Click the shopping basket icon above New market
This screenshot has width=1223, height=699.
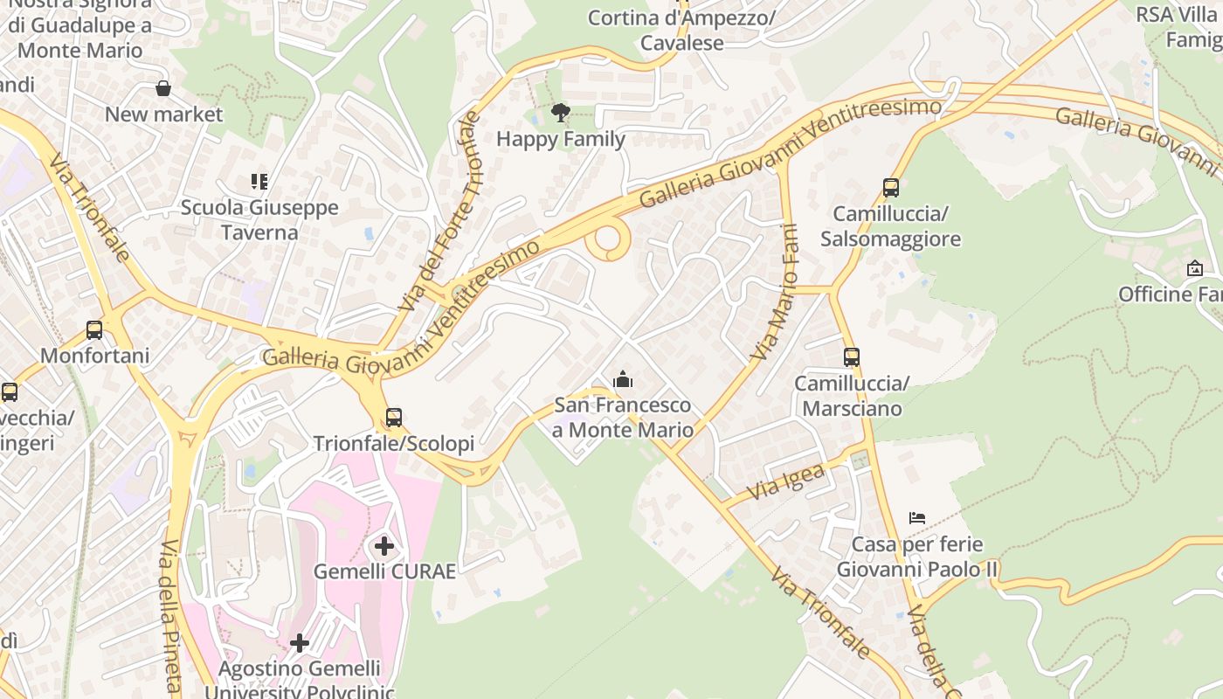pos(162,88)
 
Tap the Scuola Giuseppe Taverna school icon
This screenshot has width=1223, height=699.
pos(259,182)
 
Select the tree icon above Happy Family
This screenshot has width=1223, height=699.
pos(560,112)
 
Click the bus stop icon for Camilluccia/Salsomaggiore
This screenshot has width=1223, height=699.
pos(890,187)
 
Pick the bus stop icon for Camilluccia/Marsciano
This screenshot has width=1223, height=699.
pos(851,356)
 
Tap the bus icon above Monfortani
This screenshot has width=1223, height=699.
pos(94,329)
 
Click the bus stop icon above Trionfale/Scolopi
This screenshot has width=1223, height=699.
pos(393,417)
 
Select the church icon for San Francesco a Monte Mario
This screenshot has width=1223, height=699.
pos(623,379)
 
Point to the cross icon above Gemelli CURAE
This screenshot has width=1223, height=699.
pos(383,547)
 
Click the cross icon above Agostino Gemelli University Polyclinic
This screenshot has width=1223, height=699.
pos(300,643)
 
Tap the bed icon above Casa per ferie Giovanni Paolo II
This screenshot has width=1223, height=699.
pos(916,518)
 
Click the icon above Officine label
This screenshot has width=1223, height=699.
pos(1194,268)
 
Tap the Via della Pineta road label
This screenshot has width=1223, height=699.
pos(170,616)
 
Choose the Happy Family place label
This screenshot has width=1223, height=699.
pos(561,139)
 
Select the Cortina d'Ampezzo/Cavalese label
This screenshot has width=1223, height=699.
pos(681,31)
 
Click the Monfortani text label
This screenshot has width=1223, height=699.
pos(94,356)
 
